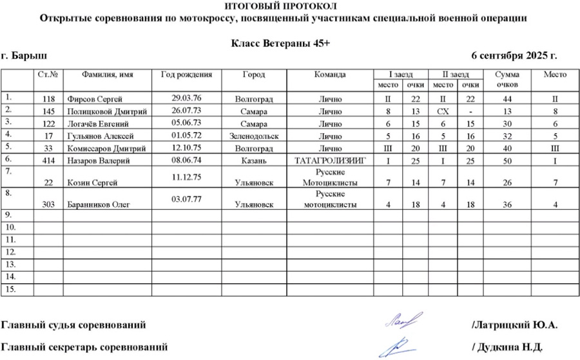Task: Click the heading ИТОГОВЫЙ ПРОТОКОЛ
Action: point(290,6)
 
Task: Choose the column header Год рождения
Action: point(187,75)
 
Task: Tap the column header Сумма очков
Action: point(507,79)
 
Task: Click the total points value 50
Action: point(507,160)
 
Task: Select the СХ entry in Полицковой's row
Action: point(443,111)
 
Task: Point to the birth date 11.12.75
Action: point(187,175)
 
